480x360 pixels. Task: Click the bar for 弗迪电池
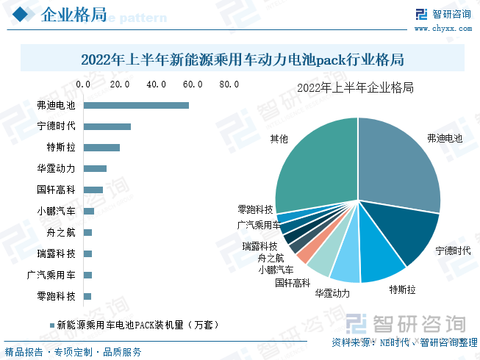click(x=136, y=105)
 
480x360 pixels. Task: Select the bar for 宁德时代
click(x=107, y=126)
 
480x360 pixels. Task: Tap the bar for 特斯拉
click(x=101, y=148)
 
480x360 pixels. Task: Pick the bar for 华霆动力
click(x=95, y=169)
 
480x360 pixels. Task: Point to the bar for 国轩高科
click(x=93, y=190)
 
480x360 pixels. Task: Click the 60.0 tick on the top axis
click(x=193, y=85)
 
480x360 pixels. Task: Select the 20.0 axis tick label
click(x=120, y=85)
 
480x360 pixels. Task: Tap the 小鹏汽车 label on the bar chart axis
click(x=56, y=212)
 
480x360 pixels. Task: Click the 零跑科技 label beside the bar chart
click(x=56, y=297)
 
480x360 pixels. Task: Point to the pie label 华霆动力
click(x=332, y=293)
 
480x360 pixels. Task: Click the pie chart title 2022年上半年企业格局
click(x=355, y=88)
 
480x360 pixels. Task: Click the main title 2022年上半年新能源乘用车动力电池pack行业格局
click(x=243, y=59)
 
